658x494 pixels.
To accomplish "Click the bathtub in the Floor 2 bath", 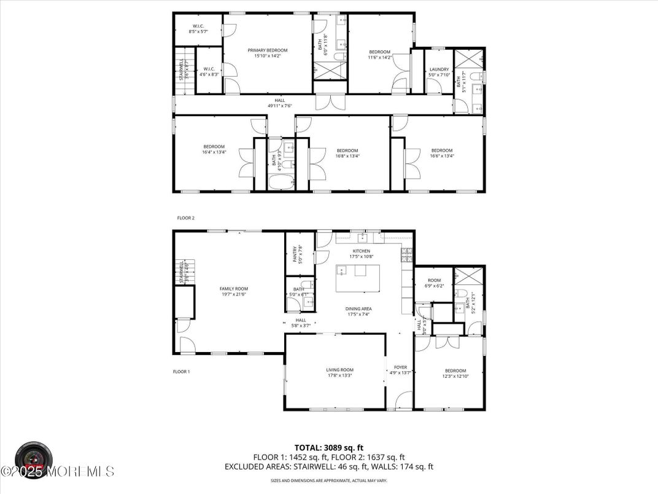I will tap(282, 182).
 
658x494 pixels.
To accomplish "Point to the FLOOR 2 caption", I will tap(185, 218).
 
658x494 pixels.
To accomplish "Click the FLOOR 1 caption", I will tap(181, 371).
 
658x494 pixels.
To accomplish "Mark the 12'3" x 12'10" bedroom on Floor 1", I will tap(455, 374).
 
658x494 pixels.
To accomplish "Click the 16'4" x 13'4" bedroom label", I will tap(214, 149).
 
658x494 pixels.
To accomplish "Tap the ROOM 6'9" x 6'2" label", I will tap(434, 283).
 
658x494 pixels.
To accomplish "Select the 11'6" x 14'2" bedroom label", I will tap(379, 54).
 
